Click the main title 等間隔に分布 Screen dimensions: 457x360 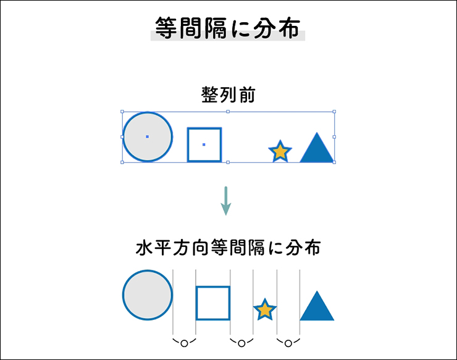point(227,28)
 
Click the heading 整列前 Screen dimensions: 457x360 point(228,94)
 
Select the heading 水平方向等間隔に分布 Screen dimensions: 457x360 point(228,248)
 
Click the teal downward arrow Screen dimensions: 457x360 point(226,201)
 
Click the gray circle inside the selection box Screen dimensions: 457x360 point(148,136)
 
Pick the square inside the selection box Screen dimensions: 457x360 point(204,144)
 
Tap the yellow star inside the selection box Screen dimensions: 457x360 point(280,151)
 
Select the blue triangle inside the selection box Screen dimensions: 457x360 point(317,148)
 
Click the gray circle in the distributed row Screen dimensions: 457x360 point(148,295)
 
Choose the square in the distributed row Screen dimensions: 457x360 point(213,303)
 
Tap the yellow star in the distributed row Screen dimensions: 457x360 point(265,309)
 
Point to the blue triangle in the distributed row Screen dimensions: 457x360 point(317,306)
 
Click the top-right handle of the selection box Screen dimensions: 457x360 point(334,112)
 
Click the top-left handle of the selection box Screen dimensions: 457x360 point(122,112)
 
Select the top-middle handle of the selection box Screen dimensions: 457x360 point(228,112)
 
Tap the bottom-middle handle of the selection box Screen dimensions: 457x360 point(228,162)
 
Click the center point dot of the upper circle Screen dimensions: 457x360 point(148,136)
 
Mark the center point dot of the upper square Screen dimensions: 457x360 point(204,144)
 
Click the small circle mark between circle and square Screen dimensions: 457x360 point(184,344)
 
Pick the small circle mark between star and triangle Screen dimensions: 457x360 point(288,344)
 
